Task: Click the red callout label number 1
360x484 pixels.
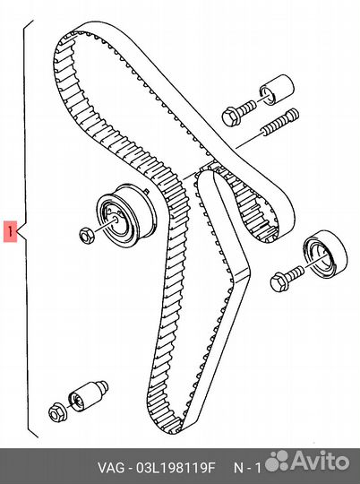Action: (x=10, y=233)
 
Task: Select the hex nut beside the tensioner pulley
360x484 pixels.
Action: (x=86, y=236)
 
